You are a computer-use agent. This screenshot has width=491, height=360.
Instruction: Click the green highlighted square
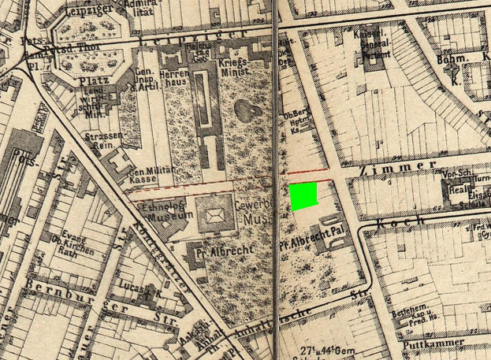[303, 196]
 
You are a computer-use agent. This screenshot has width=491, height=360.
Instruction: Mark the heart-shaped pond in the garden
[247, 111]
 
